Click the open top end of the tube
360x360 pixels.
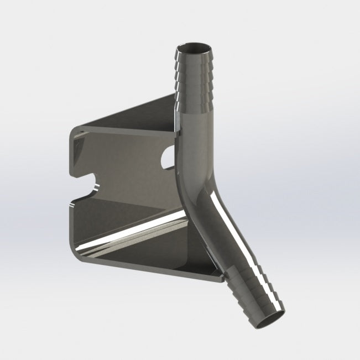point(196,44)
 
